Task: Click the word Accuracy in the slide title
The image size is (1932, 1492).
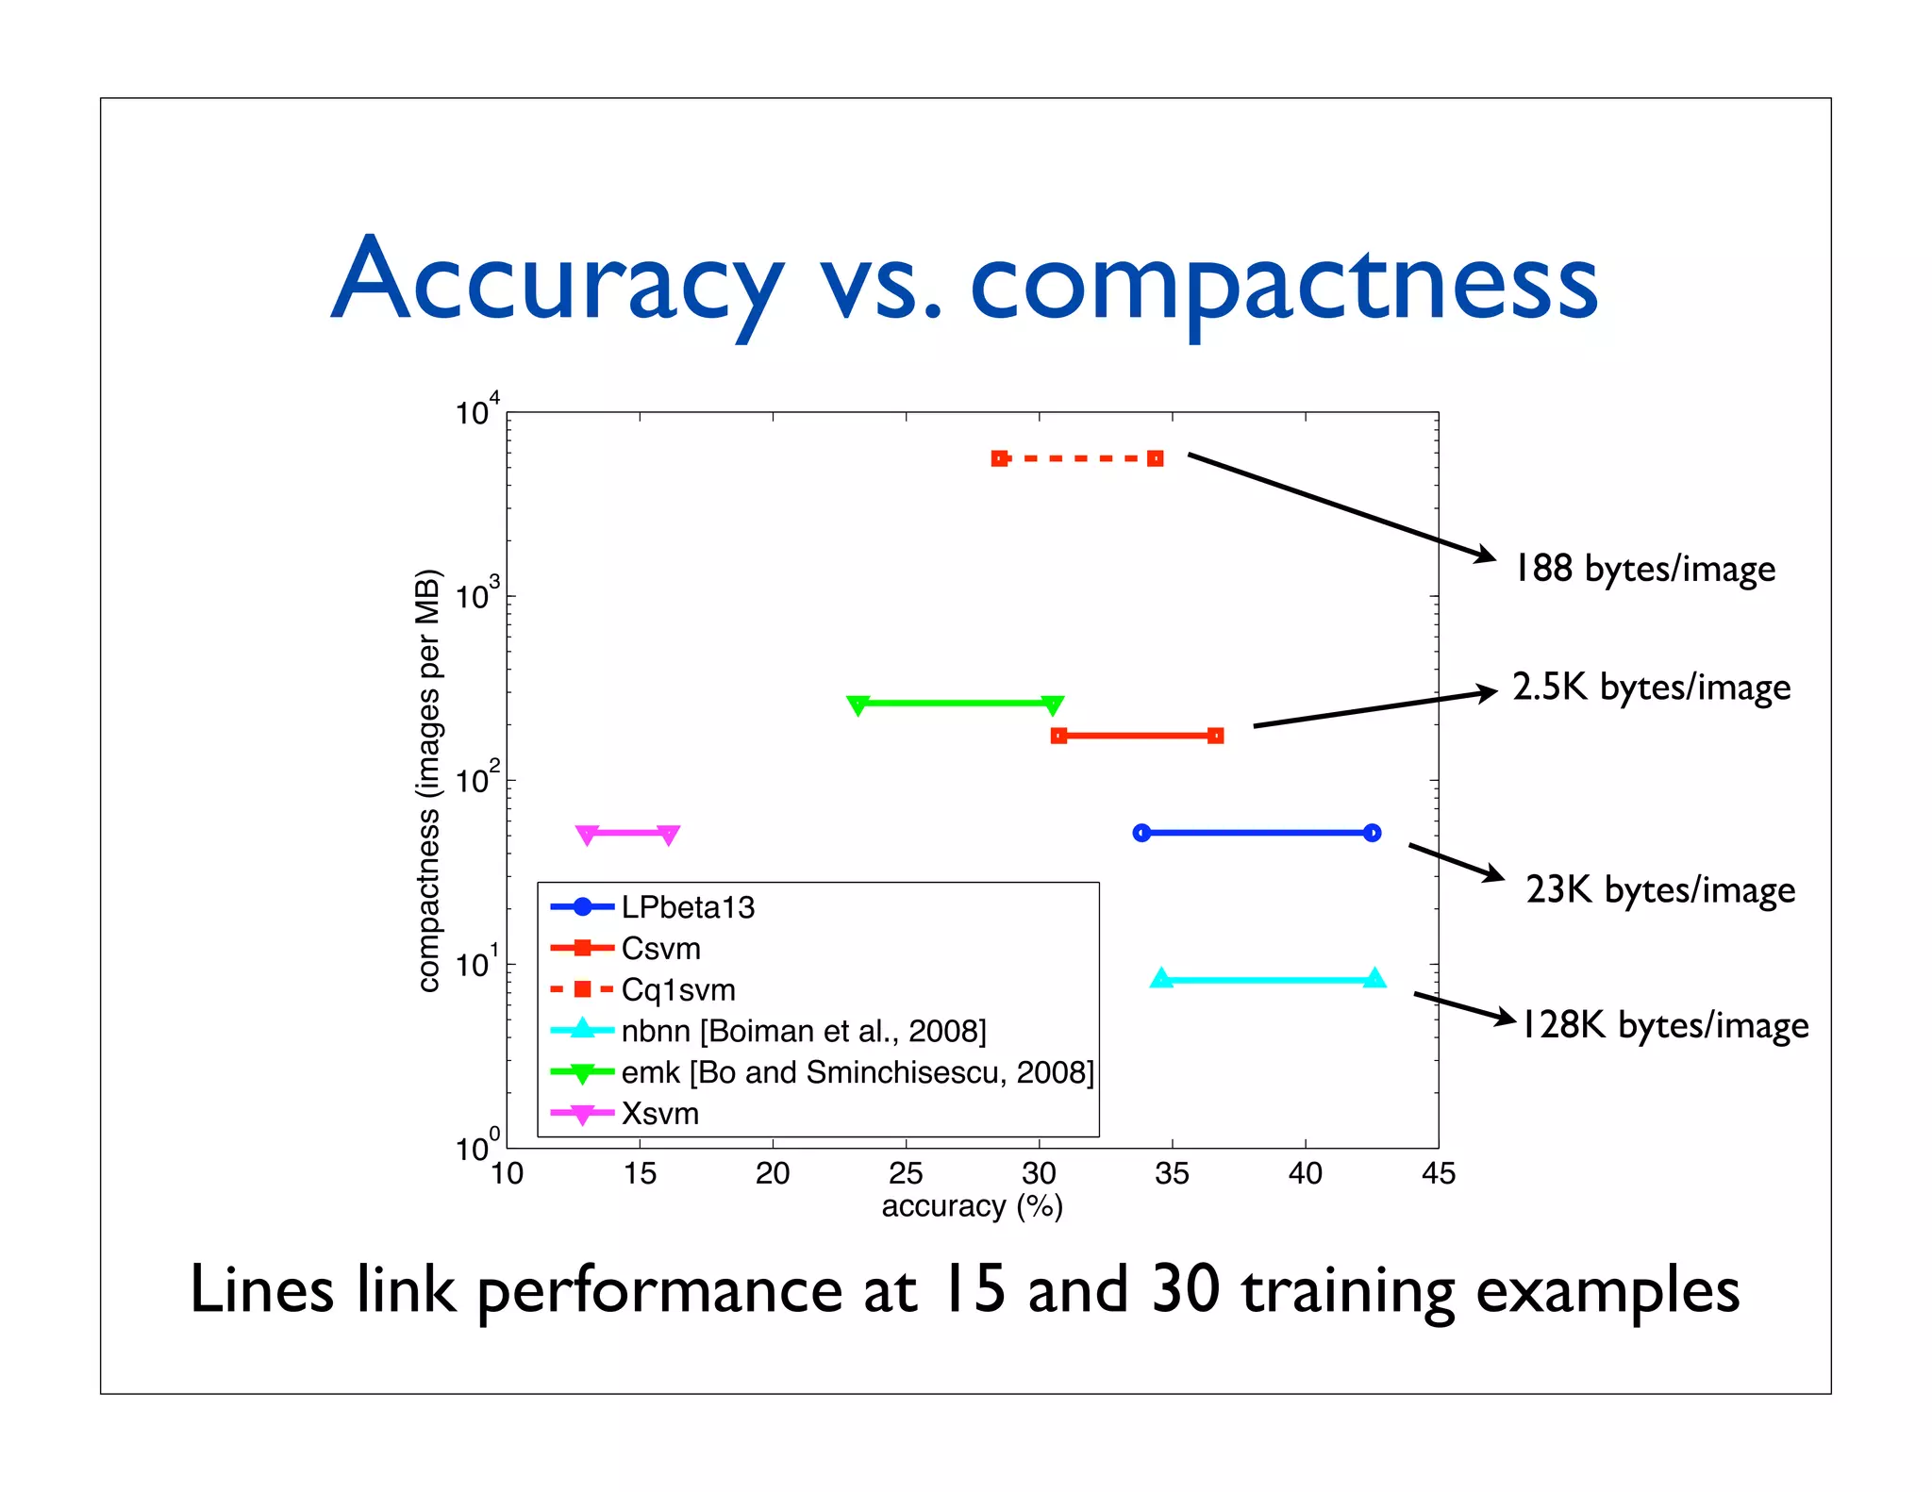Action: pos(557,281)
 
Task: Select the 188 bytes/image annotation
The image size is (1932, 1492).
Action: pos(1644,569)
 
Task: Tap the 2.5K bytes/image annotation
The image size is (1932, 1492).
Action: pos(1651,688)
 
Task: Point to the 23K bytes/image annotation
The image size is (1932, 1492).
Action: pos(1660,889)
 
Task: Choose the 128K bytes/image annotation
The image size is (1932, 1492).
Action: pos(1665,1025)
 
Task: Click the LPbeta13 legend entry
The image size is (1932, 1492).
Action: pos(688,907)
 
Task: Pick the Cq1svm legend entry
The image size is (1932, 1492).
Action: pos(678,989)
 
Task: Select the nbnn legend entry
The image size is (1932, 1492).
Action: pos(804,1031)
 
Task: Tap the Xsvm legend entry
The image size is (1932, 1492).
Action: pos(660,1114)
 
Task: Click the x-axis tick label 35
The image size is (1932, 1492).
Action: pos(1172,1173)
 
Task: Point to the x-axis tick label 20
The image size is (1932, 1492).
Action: pos(773,1173)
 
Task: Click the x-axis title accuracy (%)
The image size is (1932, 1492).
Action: pos(972,1206)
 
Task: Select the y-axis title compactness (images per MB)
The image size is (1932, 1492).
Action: pos(428,780)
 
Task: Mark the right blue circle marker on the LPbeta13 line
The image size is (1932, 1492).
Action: pos(1372,833)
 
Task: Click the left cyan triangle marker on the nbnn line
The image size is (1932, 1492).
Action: pos(1161,979)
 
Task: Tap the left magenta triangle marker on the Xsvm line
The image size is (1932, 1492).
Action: pos(587,835)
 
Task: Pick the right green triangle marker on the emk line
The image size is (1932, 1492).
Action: pos(1052,705)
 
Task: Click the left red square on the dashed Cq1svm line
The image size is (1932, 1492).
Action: pos(1000,458)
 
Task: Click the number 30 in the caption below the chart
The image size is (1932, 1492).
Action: pos(1185,1290)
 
